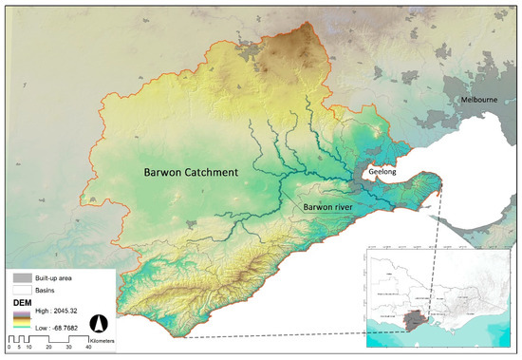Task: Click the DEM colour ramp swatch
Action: (18, 319)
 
